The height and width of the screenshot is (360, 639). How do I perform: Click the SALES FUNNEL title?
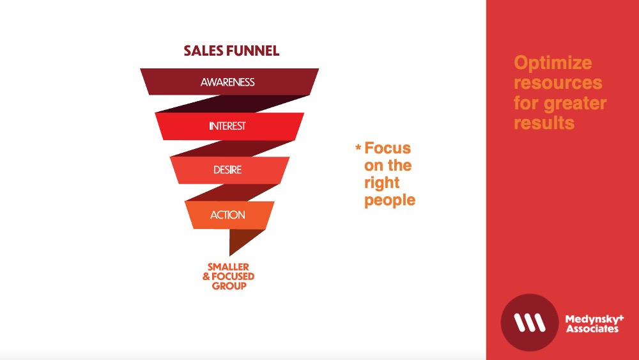(x=231, y=51)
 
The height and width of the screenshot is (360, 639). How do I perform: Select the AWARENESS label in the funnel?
(x=227, y=82)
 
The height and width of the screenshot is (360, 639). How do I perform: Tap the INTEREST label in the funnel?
(x=227, y=126)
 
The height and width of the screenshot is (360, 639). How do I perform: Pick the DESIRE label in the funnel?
(x=227, y=169)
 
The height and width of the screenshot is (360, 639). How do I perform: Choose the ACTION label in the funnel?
(x=227, y=215)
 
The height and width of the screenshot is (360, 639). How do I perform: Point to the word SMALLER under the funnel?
(x=228, y=267)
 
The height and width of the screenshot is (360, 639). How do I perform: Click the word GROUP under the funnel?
(x=229, y=286)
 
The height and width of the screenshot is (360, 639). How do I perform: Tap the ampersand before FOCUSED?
(x=206, y=276)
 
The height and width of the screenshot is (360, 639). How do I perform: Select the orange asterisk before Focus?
(x=358, y=147)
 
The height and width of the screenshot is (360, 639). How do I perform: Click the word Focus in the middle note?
(x=388, y=148)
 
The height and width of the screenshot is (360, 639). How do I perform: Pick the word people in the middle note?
(x=390, y=201)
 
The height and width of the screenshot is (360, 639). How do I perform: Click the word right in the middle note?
(x=382, y=183)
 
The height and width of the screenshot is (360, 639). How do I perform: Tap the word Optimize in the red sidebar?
(x=553, y=63)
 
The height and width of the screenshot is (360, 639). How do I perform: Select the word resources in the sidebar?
(x=558, y=82)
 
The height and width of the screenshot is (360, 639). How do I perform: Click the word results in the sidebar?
(x=544, y=123)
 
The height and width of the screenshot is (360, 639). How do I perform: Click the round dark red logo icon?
(x=529, y=322)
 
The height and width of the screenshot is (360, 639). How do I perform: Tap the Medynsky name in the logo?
(x=594, y=319)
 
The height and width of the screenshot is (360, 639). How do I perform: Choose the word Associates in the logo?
(x=592, y=329)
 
